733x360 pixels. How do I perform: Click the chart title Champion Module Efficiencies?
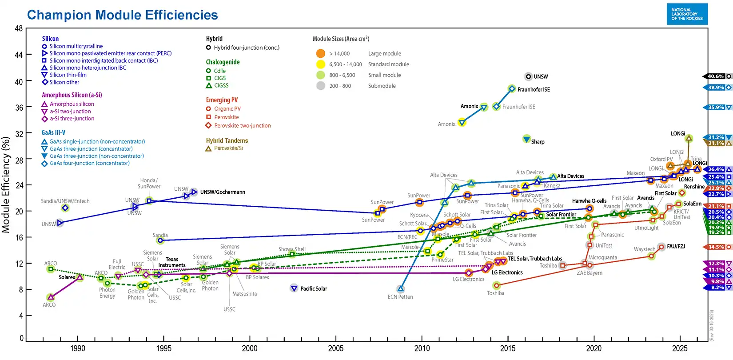pyautogui.click(x=123, y=15)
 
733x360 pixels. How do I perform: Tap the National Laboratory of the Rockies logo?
pyautogui.click(x=687, y=14)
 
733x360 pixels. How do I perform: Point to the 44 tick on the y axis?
pyautogui.click(x=19, y=55)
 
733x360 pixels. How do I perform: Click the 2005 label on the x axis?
pyautogui.click(x=335, y=348)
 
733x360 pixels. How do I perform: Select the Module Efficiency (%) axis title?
pyautogui.click(x=6, y=184)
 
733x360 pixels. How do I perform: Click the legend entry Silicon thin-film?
pyautogui.click(x=68, y=75)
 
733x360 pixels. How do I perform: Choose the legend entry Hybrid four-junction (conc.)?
pyautogui.click(x=246, y=48)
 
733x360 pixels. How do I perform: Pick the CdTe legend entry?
pyautogui.click(x=219, y=71)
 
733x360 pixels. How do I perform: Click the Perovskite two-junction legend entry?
pyautogui.click(x=242, y=126)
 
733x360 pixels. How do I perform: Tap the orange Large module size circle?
pyautogui.click(x=321, y=53)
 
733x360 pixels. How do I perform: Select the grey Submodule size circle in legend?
pyautogui.click(x=321, y=86)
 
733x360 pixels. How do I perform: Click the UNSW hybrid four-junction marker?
pyautogui.click(x=528, y=76)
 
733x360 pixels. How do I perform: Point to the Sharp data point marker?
pyautogui.click(x=526, y=139)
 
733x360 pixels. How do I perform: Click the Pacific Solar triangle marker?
pyautogui.click(x=294, y=288)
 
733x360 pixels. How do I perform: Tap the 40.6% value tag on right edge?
pyautogui.click(x=716, y=76)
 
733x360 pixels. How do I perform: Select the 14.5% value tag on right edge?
pyautogui.click(x=716, y=247)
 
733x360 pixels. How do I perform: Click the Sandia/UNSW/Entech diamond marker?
pyautogui.click(x=65, y=208)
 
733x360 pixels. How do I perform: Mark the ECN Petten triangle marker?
pyautogui.click(x=401, y=289)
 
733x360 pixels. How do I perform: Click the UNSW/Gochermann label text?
pyautogui.click(x=223, y=192)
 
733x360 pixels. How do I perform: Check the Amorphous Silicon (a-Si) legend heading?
pyautogui.click(x=72, y=95)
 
